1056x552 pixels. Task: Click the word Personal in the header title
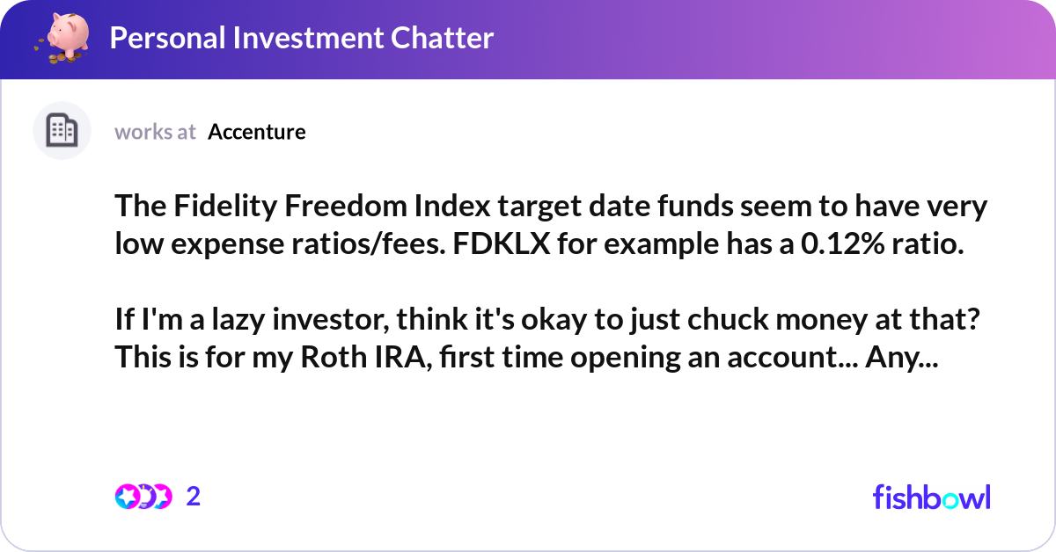tap(166, 38)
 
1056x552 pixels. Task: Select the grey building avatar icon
tap(62, 131)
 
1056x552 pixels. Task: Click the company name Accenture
tap(257, 132)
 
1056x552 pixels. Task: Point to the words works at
tap(155, 132)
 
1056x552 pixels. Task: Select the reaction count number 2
tap(194, 497)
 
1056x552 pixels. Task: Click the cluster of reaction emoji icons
tap(143, 497)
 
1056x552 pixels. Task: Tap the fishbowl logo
tap(931, 497)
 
